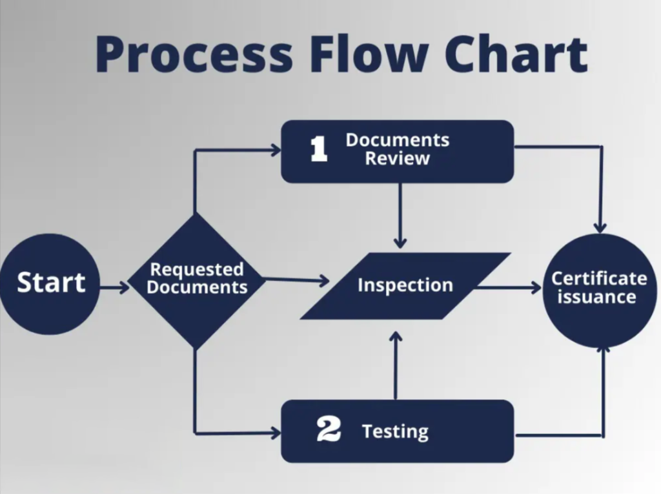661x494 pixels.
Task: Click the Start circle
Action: (50, 283)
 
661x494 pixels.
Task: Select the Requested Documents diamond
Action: (196, 280)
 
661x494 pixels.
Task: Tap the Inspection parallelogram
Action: (405, 285)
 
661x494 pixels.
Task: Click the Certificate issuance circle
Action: (598, 289)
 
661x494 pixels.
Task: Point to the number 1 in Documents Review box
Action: (319, 149)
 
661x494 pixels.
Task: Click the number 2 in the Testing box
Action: (329, 430)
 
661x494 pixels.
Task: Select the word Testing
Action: (395, 431)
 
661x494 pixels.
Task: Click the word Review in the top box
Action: (397, 159)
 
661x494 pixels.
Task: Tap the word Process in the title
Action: (193, 54)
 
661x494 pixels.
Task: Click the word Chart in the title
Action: (516, 54)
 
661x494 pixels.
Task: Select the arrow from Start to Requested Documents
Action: (115, 287)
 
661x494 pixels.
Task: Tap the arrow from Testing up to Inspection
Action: (396, 365)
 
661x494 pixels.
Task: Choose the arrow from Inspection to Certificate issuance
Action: (510, 288)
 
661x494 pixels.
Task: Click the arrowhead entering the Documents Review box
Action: (276, 150)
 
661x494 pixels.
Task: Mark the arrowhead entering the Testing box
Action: (276, 433)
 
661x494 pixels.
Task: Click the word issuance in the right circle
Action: (596, 298)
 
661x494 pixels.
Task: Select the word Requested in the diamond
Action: (197, 269)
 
